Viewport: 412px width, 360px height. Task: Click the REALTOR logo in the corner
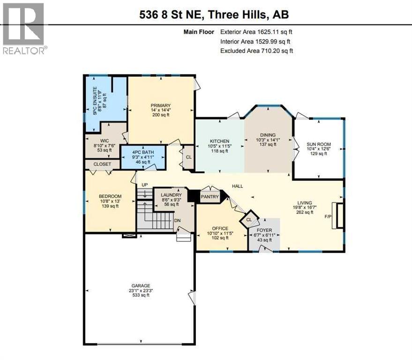coord(24,28)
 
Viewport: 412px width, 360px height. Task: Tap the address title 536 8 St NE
coord(214,14)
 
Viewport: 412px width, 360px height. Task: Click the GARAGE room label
coord(140,285)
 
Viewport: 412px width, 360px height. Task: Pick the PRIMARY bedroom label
coord(160,105)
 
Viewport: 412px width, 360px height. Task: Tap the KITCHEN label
coord(219,141)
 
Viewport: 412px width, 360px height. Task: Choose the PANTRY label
coord(210,196)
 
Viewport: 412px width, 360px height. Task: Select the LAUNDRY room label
coord(171,195)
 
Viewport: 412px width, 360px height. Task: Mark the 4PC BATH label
coord(143,152)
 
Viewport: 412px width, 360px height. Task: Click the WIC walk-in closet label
coord(104,140)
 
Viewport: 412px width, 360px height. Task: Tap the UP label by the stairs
coord(144,185)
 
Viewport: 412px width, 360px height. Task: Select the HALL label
coord(238,186)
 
